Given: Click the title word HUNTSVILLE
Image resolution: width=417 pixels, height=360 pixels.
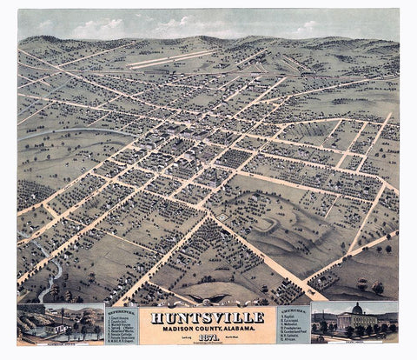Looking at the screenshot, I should (x=208, y=316).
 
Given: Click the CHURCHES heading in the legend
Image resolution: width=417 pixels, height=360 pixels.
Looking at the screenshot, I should (x=294, y=307).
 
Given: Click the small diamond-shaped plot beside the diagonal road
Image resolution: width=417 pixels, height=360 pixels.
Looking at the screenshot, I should (x=222, y=215).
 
